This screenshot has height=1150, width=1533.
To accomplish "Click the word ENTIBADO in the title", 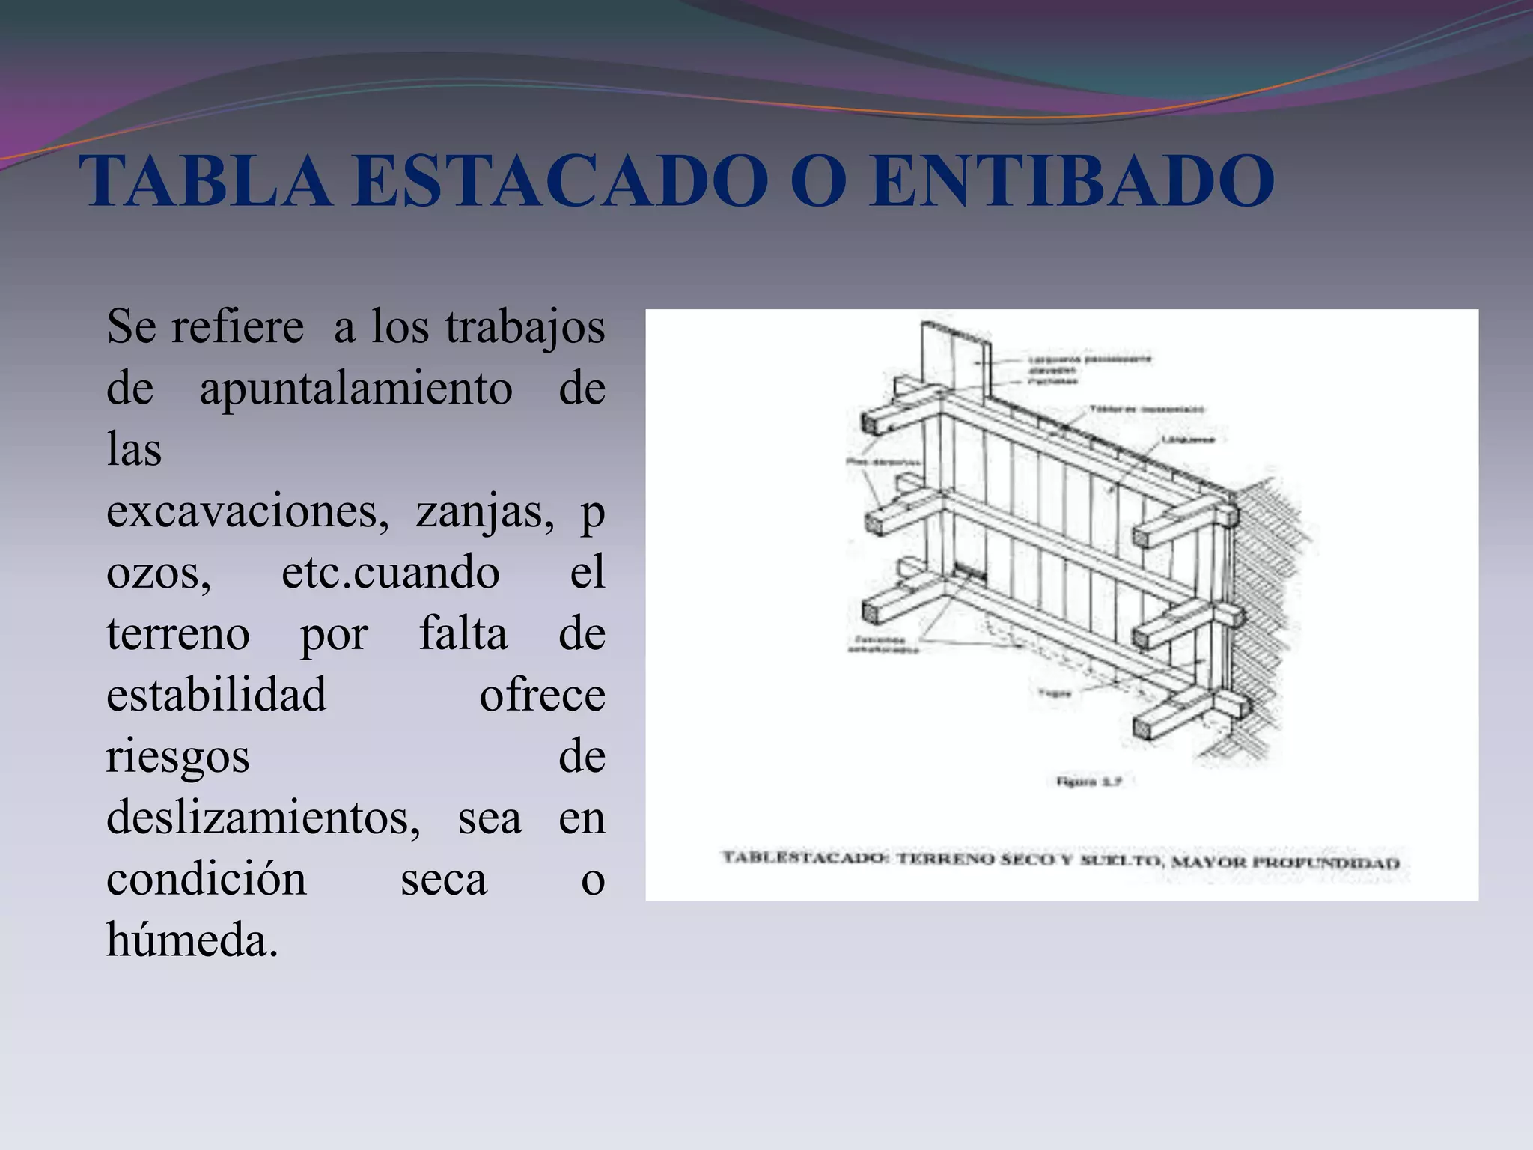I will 1072,181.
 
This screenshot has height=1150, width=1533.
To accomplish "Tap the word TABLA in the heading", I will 206,181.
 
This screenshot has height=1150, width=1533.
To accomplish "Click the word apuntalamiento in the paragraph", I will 356,389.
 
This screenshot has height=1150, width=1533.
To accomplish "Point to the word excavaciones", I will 248,512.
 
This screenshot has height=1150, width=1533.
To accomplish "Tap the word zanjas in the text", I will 485,512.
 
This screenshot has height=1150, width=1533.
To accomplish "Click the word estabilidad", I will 216,695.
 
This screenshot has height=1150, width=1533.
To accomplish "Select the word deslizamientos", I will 263,818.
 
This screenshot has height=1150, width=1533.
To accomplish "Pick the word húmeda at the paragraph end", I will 192,940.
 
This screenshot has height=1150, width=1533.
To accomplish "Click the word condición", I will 207,879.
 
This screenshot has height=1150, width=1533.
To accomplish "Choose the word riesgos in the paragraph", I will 177,756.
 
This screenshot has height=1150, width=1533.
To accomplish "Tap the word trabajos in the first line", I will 525,328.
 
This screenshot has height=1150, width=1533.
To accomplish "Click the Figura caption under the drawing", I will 1088,782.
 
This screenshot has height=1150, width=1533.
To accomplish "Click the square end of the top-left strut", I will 872,424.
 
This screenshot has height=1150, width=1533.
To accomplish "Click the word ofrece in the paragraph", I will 542,695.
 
